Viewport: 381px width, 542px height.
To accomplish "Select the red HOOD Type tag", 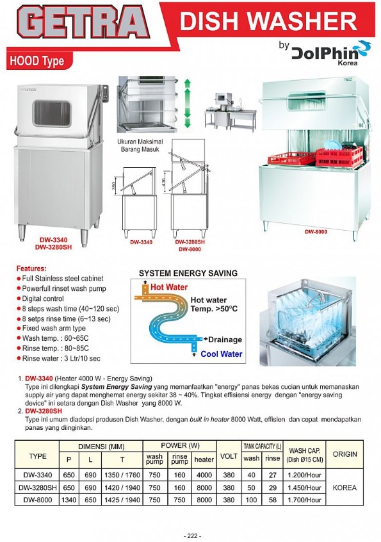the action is pyautogui.click(x=37, y=62).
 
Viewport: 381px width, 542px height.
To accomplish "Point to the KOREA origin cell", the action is pyautogui.click(x=345, y=487).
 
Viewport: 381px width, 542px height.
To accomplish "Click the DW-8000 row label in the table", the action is pyautogui.click(x=38, y=499).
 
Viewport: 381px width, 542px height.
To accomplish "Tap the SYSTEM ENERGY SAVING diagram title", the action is pyautogui.click(x=188, y=273).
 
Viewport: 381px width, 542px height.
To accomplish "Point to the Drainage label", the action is pyautogui.click(x=224, y=340).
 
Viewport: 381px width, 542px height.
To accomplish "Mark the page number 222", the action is pyautogui.click(x=191, y=535).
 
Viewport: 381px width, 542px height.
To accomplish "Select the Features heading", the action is pyautogui.click(x=31, y=268).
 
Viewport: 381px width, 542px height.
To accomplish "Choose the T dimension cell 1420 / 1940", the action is pyautogui.click(x=113, y=487).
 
